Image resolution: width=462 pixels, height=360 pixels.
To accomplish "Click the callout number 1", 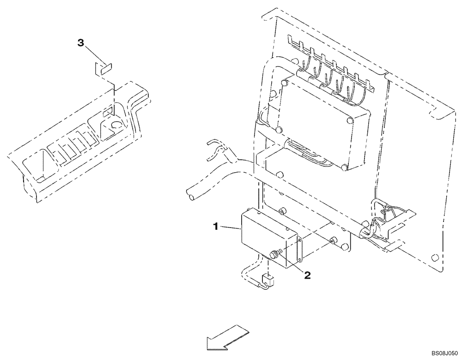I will pos(215,226).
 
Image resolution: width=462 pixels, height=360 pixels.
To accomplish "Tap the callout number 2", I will pos(307,276).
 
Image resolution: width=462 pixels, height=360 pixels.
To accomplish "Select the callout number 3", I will pos(80,43).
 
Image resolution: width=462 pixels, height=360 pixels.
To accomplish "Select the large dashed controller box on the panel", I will pos(323,127).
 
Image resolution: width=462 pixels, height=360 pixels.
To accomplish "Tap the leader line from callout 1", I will pos(230,227).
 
